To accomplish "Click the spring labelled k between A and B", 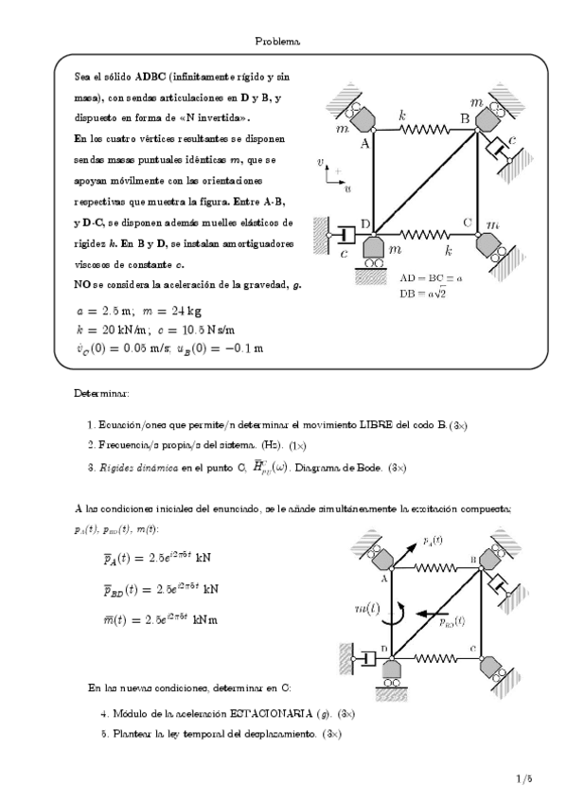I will (417, 128).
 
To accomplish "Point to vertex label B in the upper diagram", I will (464, 117).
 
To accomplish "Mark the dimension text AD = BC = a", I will (432, 279).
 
